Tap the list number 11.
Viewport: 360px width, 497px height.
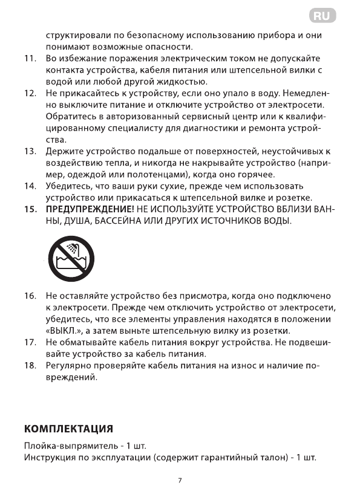point(29,59)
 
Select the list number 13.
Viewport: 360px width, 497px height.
point(29,151)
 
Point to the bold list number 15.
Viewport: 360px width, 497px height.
point(29,209)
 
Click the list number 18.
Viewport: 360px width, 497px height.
point(29,366)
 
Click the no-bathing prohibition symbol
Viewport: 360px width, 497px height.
point(68,259)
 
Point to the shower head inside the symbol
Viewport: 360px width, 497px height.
point(71,249)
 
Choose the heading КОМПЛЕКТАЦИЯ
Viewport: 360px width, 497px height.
point(68,430)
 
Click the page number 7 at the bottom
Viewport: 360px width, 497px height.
point(180,481)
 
